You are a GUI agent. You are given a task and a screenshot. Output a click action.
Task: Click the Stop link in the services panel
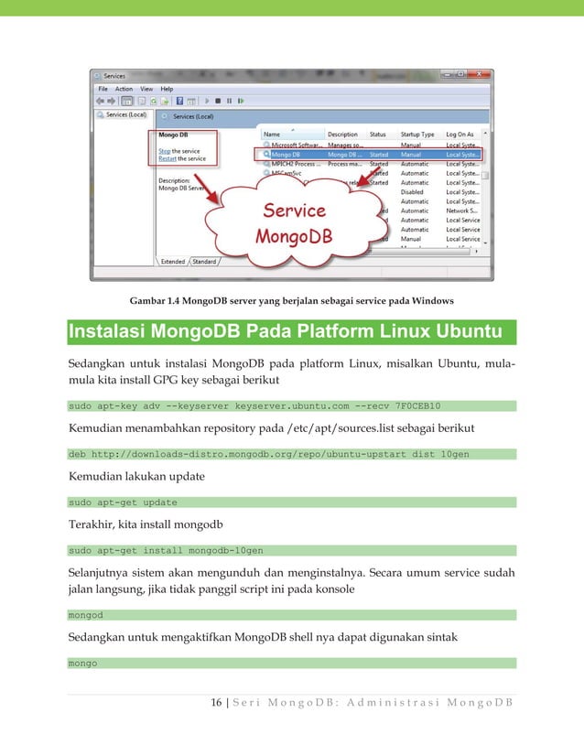click(x=165, y=151)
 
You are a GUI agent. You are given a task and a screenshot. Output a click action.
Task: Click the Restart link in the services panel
click(x=168, y=158)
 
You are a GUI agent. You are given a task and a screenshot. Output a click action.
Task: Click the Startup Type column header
click(x=417, y=135)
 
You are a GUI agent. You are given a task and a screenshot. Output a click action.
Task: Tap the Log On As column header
click(x=460, y=135)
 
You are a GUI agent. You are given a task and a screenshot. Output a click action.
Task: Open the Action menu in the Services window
click(x=124, y=89)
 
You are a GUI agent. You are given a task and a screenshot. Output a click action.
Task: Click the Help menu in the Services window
click(x=167, y=89)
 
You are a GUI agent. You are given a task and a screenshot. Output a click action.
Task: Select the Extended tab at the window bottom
click(x=173, y=261)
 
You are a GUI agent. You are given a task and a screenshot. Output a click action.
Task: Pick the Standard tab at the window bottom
click(x=204, y=261)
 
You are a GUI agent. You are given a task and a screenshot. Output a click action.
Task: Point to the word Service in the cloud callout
click(x=295, y=211)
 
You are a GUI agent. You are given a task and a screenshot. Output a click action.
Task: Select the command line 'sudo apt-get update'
click(x=123, y=502)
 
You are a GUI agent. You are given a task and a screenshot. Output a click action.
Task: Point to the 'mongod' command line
click(x=86, y=615)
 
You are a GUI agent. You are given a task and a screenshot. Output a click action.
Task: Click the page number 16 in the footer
click(x=216, y=702)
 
